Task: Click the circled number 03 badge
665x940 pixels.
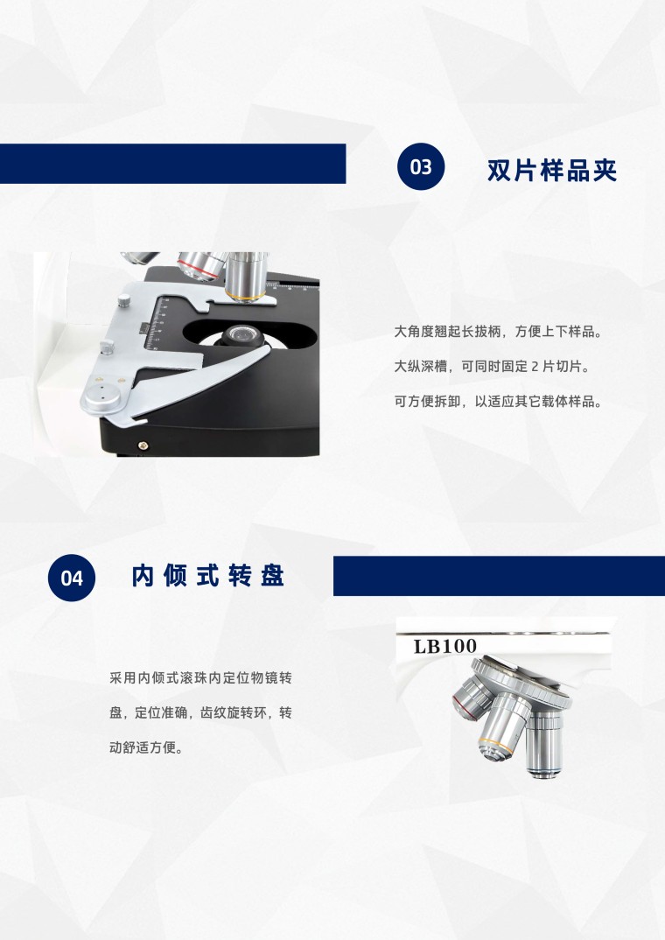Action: point(421,166)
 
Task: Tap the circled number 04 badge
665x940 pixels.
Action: point(72,578)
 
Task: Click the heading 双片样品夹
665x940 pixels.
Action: point(552,171)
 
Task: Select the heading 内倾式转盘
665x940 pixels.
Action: point(208,576)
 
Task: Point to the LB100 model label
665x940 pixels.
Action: point(445,646)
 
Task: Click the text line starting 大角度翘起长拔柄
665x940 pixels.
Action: point(498,332)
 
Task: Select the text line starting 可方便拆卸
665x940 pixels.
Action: point(498,401)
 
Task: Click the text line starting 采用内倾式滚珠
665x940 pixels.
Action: point(200,678)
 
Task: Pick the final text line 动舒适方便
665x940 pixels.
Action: point(145,747)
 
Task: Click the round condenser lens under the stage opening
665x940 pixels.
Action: point(242,334)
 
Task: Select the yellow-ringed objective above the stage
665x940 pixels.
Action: point(246,277)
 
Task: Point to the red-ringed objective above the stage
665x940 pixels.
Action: point(202,266)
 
